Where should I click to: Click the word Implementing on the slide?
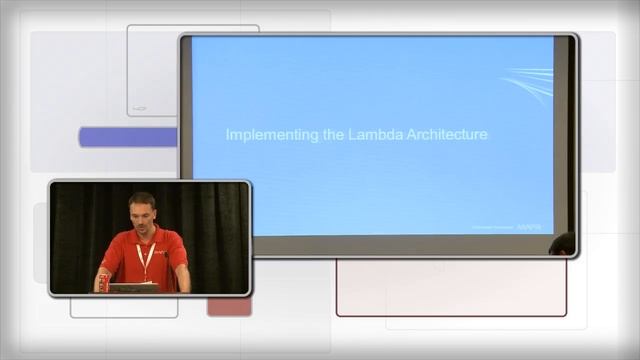[x=262, y=134]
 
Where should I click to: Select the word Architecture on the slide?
[x=437, y=134]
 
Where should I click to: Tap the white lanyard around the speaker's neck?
[x=146, y=258]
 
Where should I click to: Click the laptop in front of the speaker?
[x=134, y=287]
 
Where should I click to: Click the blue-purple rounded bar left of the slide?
[x=128, y=137]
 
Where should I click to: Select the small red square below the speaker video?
[x=229, y=306]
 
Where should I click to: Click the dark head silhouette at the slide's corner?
[x=563, y=243]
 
